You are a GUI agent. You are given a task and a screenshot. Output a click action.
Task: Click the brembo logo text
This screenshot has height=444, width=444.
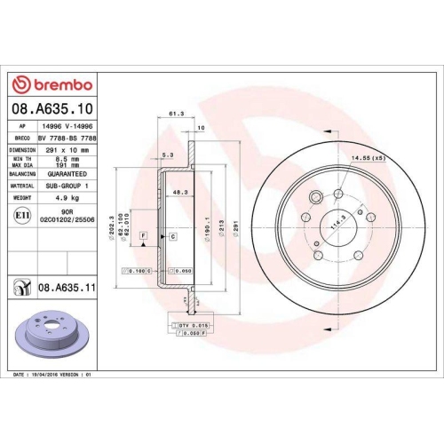click(x=59, y=85)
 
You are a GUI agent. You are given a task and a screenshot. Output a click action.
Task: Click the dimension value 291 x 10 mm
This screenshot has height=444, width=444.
click(x=70, y=151)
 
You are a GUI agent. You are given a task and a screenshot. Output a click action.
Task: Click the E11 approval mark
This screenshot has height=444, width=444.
click(x=20, y=215)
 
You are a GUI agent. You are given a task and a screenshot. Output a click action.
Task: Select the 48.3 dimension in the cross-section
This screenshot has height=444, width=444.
click(x=179, y=191)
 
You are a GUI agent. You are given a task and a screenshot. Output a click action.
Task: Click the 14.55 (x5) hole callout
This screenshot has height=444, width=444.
click(x=367, y=158)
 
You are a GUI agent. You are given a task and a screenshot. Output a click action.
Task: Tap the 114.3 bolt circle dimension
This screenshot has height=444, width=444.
click(x=336, y=226)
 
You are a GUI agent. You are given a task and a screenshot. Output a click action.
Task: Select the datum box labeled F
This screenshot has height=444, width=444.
click(x=143, y=235)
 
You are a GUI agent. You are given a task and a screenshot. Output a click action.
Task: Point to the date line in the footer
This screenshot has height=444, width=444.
click(x=55, y=377)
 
